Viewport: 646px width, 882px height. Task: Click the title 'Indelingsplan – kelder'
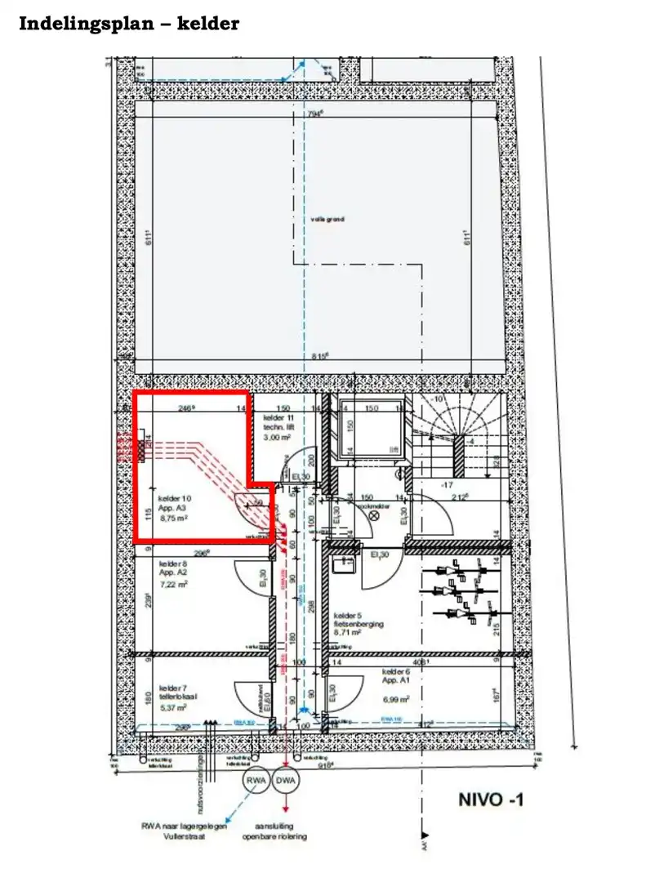pyautogui.click(x=129, y=24)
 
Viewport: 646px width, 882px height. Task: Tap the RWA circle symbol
pyautogui.click(x=256, y=782)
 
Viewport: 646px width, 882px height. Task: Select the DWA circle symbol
pyautogui.click(x=286, y=782)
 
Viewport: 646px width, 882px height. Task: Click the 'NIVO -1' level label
pyautogui.click(x=490, y=800)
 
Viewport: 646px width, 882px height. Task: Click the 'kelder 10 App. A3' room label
pyautogui.click(x=176, y=502)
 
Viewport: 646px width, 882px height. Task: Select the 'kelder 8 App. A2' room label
pyautogui.click(x=174, y=569)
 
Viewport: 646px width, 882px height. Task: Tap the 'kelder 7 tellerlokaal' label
pyautogui.click(x=178, y=692)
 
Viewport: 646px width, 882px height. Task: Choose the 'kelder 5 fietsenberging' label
pyautogui.click(x=359, y=619)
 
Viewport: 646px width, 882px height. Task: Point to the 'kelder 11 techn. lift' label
pyautogui.click(x=278, y=423)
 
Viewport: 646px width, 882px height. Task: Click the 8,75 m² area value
pyautogui.click(x=175, y=517)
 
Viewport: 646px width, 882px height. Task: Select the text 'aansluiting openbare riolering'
pyautogui.click(x=274, y=831)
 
